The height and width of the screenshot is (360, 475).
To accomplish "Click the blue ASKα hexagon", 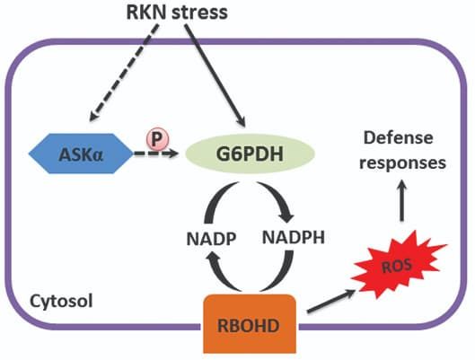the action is (x=81, y=154).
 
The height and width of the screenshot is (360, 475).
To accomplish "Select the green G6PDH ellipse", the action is (x=250, y=154).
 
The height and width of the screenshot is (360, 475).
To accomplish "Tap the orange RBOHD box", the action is (x=250, y=324).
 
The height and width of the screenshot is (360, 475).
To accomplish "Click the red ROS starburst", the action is (x=397, y=265).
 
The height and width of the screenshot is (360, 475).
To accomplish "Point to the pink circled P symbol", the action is (x=157, y=139).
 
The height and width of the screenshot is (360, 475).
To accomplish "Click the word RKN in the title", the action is (x=145, y=13).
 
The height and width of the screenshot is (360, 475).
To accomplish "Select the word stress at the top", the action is (x=199, y=13).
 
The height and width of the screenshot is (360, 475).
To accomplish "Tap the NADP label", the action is (x=211, y=239).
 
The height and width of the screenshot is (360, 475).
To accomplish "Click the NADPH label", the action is (x=294, y=237).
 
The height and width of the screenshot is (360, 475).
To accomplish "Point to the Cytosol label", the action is (x=61, y=301).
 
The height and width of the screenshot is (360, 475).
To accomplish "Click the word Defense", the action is (x=398, y=137).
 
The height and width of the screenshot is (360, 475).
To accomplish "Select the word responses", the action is (x=402, y=163).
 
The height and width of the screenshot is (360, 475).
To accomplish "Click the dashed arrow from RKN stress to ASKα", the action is (x=124, y=73).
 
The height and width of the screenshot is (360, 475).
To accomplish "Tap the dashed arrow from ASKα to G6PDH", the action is (x=155, y=154).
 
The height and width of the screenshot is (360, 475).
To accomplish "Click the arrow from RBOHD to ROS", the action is (x=331, y=301).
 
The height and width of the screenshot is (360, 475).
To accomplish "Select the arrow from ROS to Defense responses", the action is (x=402, y=200).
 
